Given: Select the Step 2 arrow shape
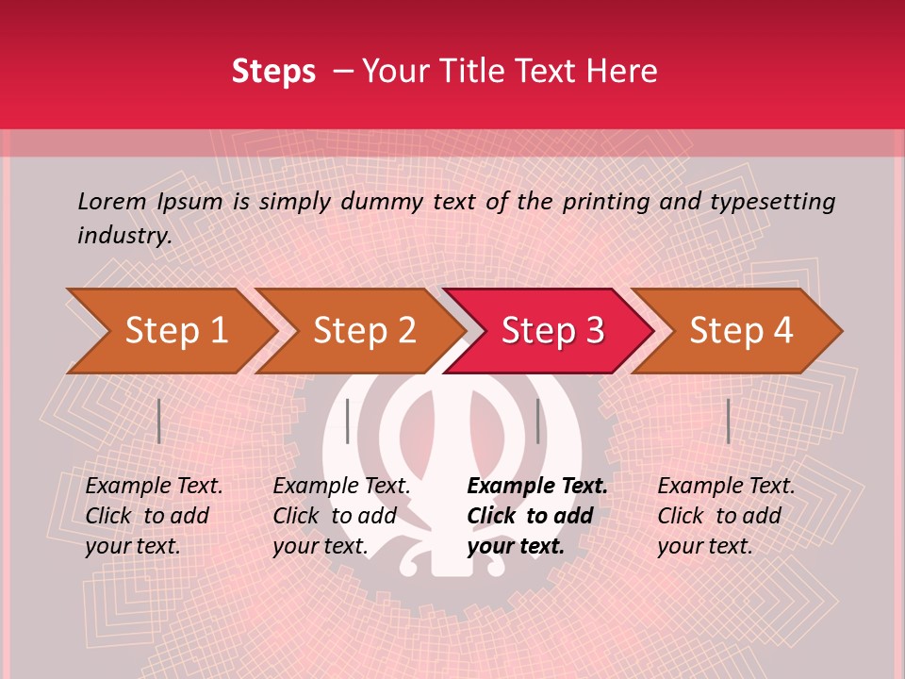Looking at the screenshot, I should [x=363, y=331].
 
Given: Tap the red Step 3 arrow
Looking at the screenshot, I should [x=551, y=331].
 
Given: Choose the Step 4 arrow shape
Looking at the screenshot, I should [x=740, y=331].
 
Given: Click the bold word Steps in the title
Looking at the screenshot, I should [x=273, y=72].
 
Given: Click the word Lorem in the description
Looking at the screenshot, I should [x=112, y=201].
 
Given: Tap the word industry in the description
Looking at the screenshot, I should [x=123, y=236].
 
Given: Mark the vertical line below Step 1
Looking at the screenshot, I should [x=159, y=421].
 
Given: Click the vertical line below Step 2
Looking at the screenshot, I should [x=348, y=421].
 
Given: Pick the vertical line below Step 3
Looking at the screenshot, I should [x=537, y=421].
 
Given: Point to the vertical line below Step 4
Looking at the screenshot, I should [x=728, y=421].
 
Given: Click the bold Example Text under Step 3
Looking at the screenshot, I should [x=537, y=487].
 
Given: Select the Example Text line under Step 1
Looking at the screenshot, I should [x=154, y=487].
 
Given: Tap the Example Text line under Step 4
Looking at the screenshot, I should [x=726, y=487].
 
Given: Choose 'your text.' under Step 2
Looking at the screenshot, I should [x=321, y=546].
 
